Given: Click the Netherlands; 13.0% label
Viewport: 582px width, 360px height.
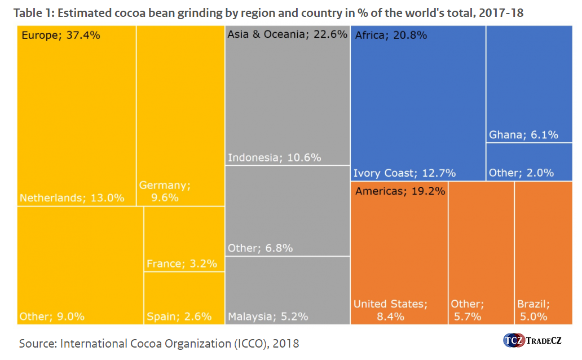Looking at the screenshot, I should [x=71, y=198].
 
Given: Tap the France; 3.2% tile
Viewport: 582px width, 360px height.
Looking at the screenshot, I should [x=184, y=239].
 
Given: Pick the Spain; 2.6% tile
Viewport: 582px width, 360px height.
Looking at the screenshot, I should [x=184, y=298].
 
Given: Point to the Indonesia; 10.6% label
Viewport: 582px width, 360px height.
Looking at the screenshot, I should [x=274, y=157].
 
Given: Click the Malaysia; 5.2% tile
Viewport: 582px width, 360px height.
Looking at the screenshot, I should [x=287, y=290].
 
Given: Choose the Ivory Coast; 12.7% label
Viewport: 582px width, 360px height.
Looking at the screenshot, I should [x=404, y=173].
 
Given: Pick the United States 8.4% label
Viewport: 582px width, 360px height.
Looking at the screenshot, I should [x=390, y=310].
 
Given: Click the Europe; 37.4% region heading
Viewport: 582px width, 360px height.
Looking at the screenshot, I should [x=60, y=36].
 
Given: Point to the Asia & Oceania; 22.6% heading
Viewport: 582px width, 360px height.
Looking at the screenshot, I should [x=287, y=34].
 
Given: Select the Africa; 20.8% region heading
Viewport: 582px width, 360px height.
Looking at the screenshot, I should [x=391, y=36].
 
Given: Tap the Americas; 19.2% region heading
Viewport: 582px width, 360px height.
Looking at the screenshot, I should [x=400, y=191].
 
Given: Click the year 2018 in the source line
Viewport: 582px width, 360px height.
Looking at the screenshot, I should [x=288, y=343].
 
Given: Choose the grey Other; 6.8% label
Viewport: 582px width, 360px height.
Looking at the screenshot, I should [x=260, y=248].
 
